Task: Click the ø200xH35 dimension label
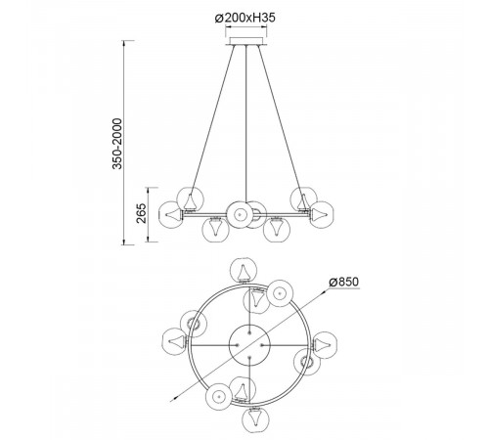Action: [x=245, y=18]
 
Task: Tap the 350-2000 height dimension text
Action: [x=117, y=144]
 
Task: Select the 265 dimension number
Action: [x=142, y=213]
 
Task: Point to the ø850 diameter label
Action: [x=343, y=282]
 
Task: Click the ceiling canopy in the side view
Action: [x=246, y=41]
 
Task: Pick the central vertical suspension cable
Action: [x=246, y=124]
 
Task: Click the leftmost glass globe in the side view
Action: [x=170, y=215]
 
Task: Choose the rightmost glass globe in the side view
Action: [x=322, y=214]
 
